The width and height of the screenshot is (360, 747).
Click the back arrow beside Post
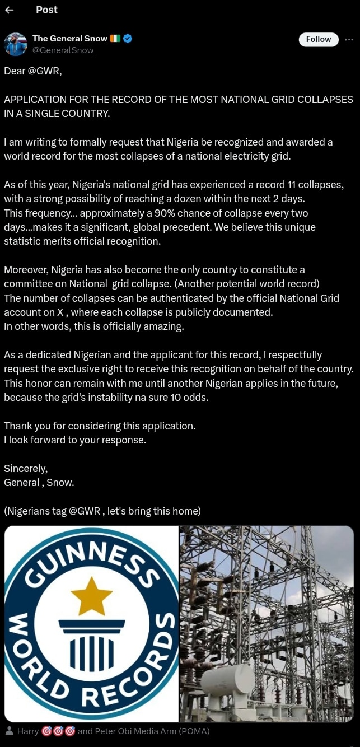pyautogui.click(x=9, y=10)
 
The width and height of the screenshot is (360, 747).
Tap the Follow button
pyautogui.click(x=319, y=39)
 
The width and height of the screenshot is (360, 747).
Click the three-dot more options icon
pyautogui.click(x=349, y=39)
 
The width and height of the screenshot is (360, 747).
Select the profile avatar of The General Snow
pyautogui.click(x=16, y=44)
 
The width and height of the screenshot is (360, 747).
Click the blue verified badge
pyautogui.click(x=128, y=39)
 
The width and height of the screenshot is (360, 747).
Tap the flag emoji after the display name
pyautogui.click(x=115, y=39)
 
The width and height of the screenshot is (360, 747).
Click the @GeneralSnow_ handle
pyautogui.click(x=64, y=50)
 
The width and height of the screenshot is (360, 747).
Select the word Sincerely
pyautogui.click(x=26, y=468)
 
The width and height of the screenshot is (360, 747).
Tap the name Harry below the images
pyautogui.click(x=28, y=731)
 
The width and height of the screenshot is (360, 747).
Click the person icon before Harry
pyautogui.click(x=9, y=731)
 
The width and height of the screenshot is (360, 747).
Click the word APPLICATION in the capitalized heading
pyautogui.click(x=35, y=100)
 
